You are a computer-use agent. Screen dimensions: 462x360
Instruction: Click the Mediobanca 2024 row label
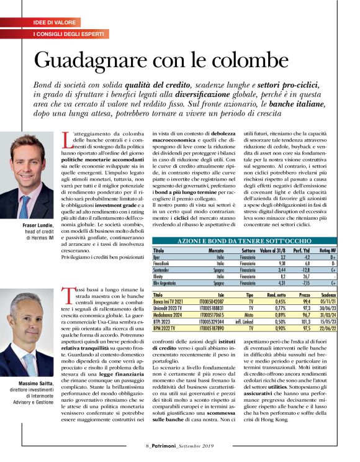pos(171,315)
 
